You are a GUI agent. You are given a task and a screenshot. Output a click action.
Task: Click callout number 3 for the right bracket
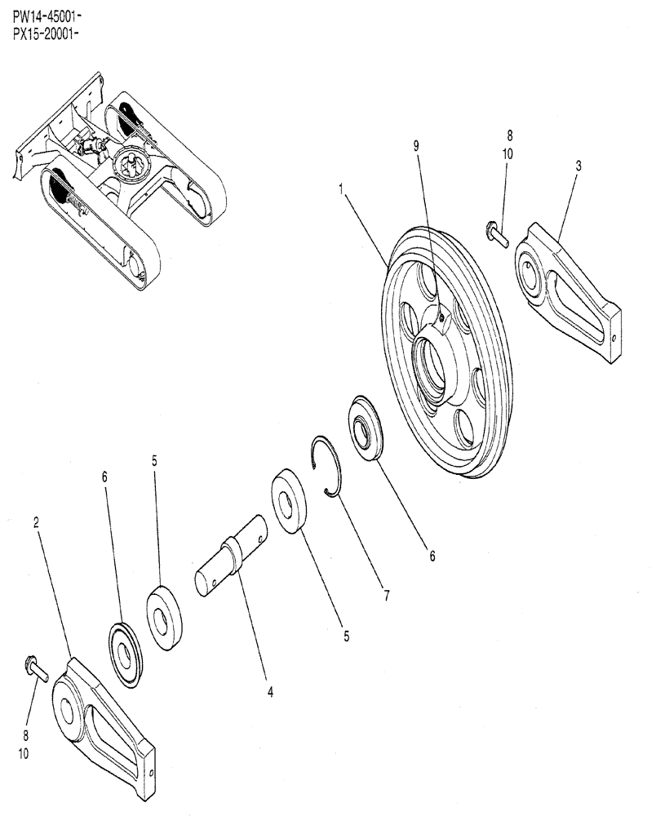[578, 166]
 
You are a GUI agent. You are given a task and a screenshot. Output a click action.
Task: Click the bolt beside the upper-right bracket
[497, 234]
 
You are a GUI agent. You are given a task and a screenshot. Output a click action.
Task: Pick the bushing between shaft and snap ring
[288, 501]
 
